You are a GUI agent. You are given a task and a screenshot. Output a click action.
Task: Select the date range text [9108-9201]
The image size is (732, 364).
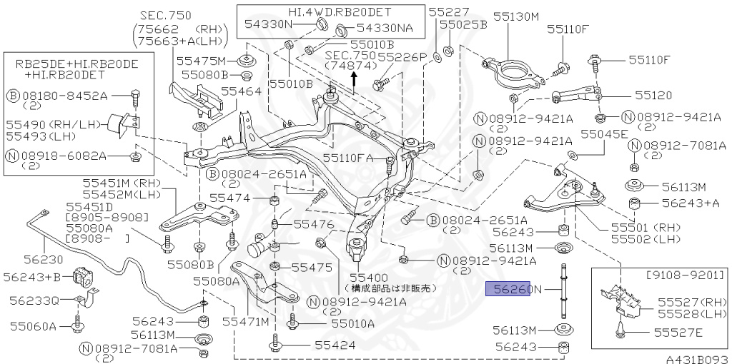click(x=685, y=275)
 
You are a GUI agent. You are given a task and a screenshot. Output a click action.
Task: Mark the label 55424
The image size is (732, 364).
click(x=316, y=345)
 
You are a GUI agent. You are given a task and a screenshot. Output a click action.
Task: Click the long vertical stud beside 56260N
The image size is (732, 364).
click(x=565, y=293)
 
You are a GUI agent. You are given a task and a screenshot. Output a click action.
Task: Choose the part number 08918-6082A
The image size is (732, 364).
click(x=73, y=155)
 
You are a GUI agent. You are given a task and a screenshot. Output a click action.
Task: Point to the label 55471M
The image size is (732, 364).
click(x=244, y=322)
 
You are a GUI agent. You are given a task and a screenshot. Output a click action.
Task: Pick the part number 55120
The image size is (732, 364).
click(x=653, y=94)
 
